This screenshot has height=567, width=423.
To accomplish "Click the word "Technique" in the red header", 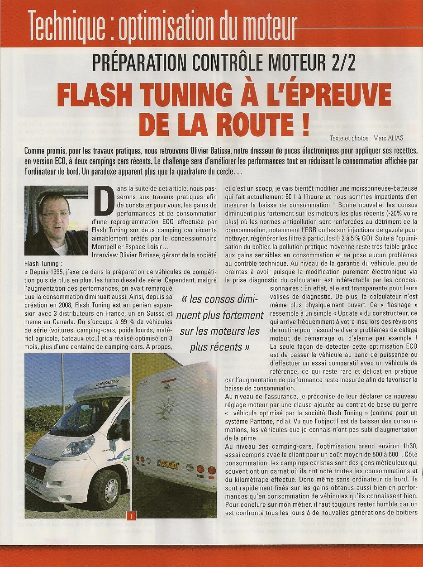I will [66, 23].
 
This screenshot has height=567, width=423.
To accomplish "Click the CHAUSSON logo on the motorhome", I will [107, 384].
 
